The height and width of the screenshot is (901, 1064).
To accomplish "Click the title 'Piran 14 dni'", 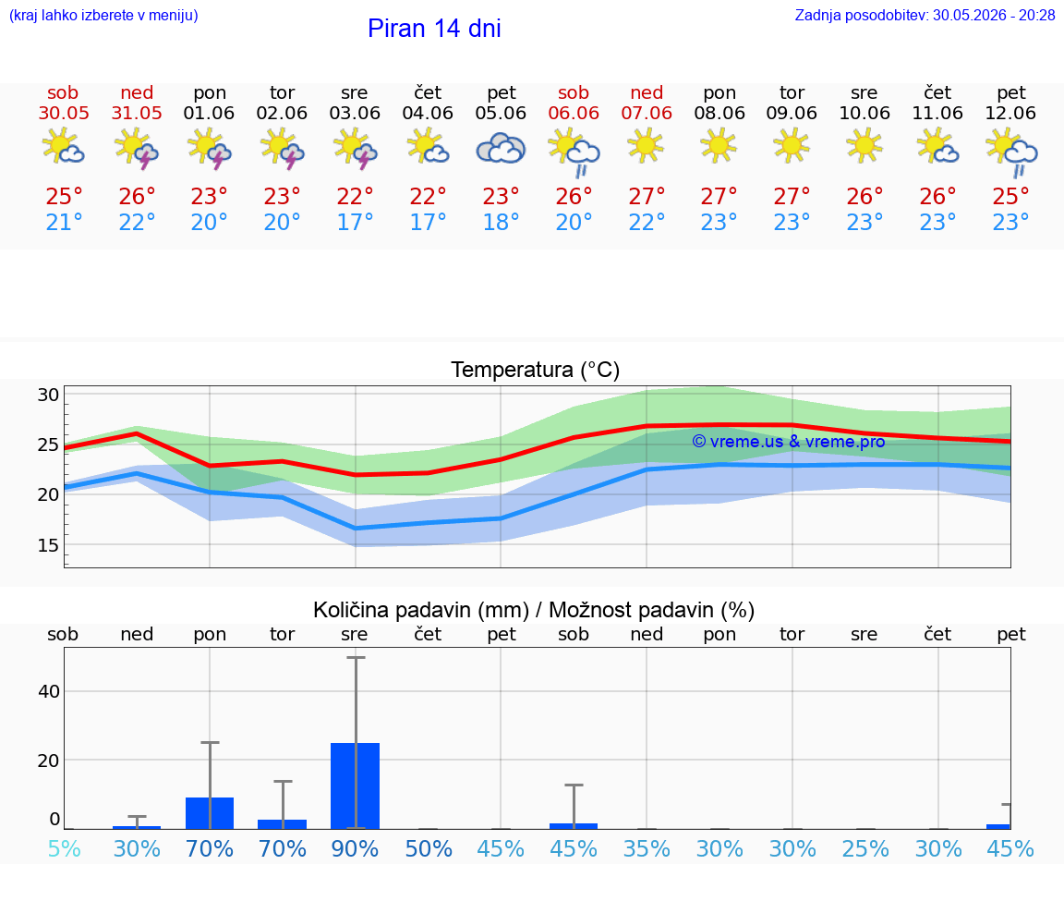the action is pos(434,29).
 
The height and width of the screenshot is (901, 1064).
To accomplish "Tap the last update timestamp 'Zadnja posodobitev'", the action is pos(861,16).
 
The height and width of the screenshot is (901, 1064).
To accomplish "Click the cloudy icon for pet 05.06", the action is pos(501,148).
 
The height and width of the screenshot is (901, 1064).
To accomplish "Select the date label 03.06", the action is pos(355,113).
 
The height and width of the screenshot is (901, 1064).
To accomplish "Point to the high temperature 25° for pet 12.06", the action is pos(1010,196).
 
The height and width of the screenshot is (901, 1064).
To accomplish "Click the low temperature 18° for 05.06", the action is pos(501,222).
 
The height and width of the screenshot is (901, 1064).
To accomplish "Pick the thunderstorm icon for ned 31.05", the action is pos(137,148).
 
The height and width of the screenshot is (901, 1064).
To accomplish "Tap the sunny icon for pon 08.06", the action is pos(719,147).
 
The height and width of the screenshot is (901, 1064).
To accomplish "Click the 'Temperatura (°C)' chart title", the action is pos(536,370).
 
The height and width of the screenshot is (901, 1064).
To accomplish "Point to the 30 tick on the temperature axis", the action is pos(48,395).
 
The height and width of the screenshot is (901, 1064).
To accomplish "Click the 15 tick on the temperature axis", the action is pos(48,545).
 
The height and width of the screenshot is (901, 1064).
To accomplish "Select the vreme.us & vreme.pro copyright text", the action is pos(789,442).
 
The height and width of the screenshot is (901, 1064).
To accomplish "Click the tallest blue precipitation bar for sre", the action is pos(355,786).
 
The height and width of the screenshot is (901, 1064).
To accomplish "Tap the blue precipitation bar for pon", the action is pos(210,813).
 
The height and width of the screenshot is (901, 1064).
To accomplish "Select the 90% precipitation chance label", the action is pos(355,849).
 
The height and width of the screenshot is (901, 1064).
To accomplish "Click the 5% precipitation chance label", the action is pos(65,849).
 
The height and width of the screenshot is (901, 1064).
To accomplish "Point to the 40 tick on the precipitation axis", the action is pos(49,691).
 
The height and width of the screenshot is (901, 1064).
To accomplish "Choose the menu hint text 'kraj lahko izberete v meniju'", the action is pos(103,16).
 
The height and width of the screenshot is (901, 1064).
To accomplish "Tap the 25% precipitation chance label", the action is pos(865,849).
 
